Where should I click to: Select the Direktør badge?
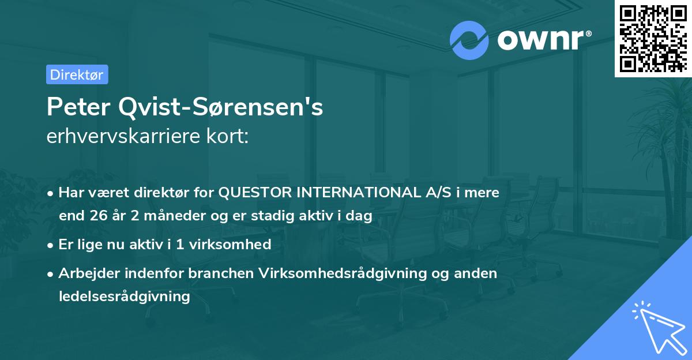click(x=77, y=74)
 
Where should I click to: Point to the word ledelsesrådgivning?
click(x=124, y=297)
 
